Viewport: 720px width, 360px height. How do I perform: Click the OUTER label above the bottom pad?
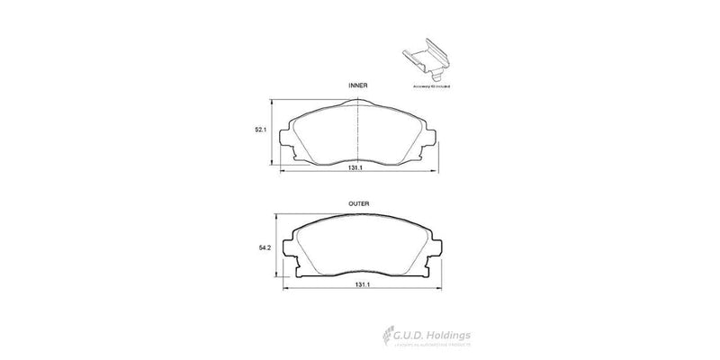(x=359, y=204)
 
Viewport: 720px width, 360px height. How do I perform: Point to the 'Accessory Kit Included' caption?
(x=431, y=85)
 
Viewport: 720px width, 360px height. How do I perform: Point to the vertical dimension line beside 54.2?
(x=273, y=247)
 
